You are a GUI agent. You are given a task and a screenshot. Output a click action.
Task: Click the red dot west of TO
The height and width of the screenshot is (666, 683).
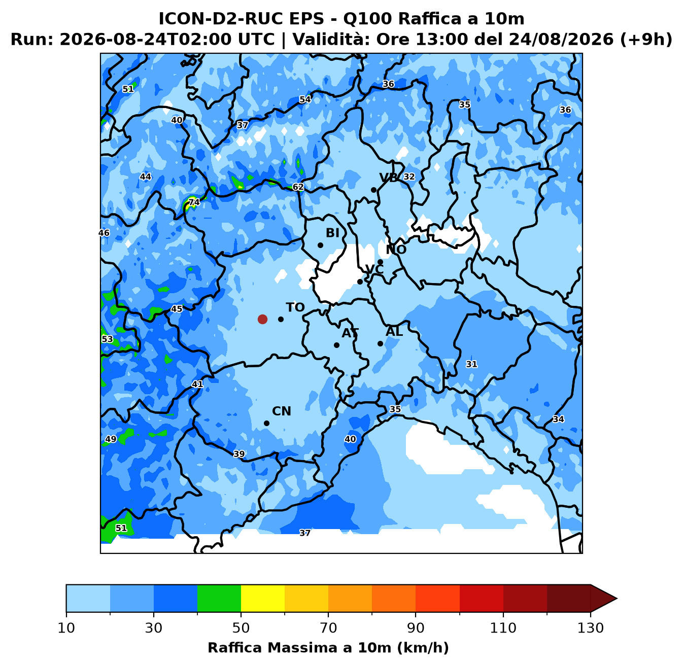262,319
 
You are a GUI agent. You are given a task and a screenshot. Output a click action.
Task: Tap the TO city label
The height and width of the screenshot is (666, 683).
295,307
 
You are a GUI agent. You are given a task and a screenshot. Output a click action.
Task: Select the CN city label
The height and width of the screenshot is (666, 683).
282,411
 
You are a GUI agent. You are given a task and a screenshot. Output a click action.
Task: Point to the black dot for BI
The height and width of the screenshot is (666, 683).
320,245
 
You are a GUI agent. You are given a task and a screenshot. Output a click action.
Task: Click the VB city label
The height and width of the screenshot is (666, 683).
388,178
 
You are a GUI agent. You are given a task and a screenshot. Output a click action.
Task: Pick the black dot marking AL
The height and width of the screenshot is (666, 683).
380,343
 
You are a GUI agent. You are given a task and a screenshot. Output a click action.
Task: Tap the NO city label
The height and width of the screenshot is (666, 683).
396,250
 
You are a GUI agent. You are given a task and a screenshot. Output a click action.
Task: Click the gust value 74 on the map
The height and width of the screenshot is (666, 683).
194,202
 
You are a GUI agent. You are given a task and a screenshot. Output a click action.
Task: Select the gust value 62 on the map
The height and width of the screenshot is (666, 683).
298,187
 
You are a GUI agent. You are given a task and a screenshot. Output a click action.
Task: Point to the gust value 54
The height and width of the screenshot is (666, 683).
305,99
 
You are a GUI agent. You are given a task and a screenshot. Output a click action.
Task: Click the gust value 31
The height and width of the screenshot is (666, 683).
471,364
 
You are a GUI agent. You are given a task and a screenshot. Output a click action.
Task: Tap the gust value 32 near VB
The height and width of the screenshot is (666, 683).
409,177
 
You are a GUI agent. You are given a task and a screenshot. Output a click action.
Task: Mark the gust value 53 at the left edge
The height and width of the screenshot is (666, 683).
108,339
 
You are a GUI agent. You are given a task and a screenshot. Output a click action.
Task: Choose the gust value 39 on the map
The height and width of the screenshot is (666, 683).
239,454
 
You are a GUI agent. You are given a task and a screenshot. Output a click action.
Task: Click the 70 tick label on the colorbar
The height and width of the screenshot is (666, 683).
328,628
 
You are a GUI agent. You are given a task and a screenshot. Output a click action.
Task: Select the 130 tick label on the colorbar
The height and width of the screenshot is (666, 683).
590,628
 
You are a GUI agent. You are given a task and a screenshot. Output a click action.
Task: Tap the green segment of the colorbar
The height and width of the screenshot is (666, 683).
219,598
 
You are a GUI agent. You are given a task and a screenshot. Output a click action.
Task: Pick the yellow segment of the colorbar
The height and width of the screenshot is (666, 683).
263,598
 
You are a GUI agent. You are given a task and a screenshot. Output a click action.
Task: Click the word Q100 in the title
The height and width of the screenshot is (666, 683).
367,19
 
